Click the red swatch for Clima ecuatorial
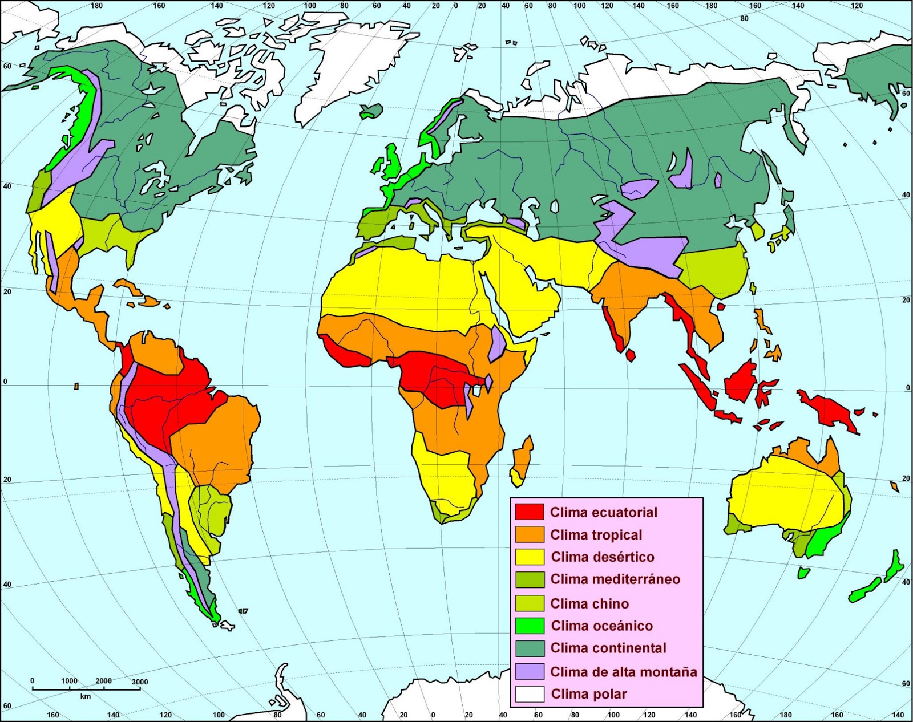point(529,512)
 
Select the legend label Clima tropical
point(596,535)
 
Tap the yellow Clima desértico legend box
point(529,557)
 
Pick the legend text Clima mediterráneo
point(615,579)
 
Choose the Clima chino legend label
point(589,603)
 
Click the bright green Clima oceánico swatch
point(529,626)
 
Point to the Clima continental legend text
point(608,648)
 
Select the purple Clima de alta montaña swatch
point(529,671)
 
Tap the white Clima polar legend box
point(529,694)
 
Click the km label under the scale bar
point(85,696)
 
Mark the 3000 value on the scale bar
point(139,682)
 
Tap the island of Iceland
point(371,111)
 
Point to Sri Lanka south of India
point(631,355)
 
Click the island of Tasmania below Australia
point(803,572)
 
